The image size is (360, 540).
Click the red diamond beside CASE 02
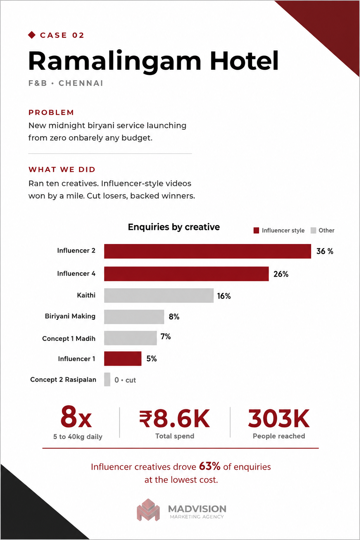pos(32,35)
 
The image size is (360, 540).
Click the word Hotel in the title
pos(244,60)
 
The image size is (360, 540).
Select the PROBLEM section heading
pos(51,112)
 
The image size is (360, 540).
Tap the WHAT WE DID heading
pos(62,169)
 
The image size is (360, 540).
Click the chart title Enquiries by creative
pos(174,227)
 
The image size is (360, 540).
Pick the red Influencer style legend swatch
pos(256,231)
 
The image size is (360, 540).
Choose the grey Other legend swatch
pos(313,231)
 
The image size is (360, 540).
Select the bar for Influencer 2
pos(208,251)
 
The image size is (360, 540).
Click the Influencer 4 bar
pos(186,274)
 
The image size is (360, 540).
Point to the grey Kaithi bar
pos(159,296)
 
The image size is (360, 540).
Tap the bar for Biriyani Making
pos(134,317)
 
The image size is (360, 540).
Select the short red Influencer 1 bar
pos(123,359)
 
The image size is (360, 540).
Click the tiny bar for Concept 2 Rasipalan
pos(107,379)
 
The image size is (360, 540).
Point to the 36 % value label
pos(325,251)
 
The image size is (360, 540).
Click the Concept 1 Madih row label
pos(69,339)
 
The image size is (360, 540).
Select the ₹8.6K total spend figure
pos(175,419)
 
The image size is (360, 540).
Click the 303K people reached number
pos(279,419)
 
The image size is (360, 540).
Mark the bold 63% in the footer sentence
pos(210,467)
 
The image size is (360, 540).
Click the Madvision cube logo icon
pos(148,510)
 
